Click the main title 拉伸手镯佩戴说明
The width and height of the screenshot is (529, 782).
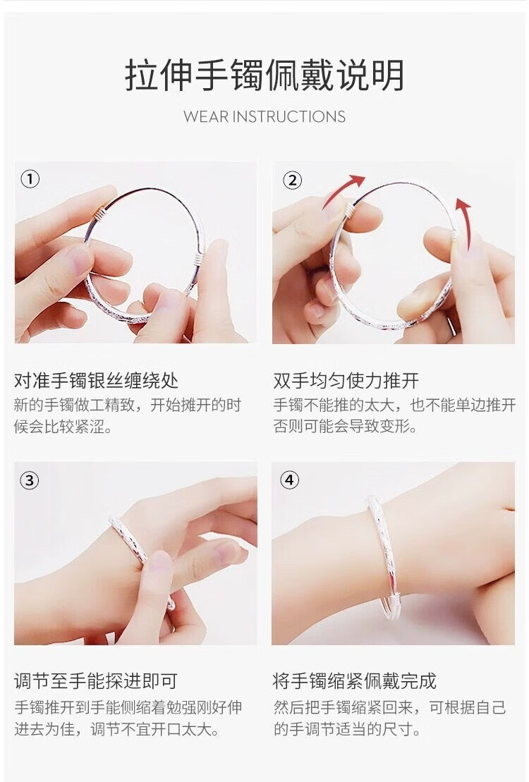pos(264,75)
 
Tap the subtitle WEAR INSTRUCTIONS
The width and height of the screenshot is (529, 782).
pos(264,117)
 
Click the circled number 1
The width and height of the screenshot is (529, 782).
pos(30,179)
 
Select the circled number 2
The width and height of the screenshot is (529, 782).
pos(293,180)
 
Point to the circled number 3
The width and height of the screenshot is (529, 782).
pos(30,480)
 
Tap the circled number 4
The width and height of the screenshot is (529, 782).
pos(289,480)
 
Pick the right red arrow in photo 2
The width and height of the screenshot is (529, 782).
pos(464,224)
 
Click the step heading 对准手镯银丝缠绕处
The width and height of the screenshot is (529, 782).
pos(96,381)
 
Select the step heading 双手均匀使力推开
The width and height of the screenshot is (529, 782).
pos(346,381)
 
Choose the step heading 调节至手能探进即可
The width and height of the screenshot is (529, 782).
pos(96,680)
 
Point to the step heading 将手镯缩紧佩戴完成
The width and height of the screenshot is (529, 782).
pos(355,680)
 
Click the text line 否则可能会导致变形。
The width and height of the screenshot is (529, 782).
pos(346,427)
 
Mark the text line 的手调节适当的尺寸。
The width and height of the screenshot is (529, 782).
pos(347,728)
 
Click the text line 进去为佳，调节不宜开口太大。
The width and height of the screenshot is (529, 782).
pos(118,728)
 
